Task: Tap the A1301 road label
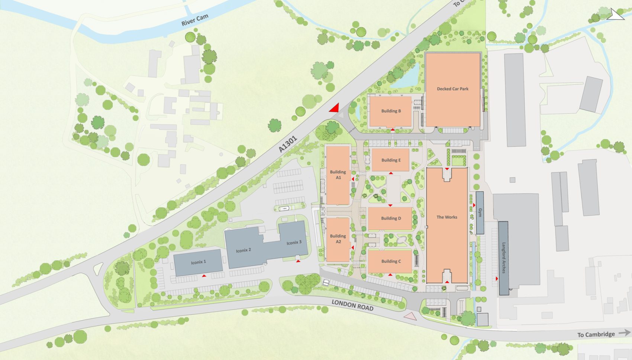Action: (x=288, y=144)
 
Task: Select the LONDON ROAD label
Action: (x=352, y=305)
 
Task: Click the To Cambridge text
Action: (x=596, y=334)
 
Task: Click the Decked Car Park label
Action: (x=452, y=89)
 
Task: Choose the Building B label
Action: (x=391, y=111)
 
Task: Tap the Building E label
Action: (x=391, y=160)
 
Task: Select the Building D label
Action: (x=391, y=218)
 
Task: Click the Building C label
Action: (x=391, y=261)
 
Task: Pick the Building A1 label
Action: (x=338, y=175)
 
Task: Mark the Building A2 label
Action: (x=338, y=239)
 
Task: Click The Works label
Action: (x=447, y=217)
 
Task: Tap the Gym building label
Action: (x=480, y=213)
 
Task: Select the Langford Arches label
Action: (x=504, y=258)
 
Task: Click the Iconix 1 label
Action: (x=198, y=262)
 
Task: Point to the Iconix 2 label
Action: (x=244, y=250)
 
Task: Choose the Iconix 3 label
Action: (x=294, y=243)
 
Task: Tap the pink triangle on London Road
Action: (x=410, y=316)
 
